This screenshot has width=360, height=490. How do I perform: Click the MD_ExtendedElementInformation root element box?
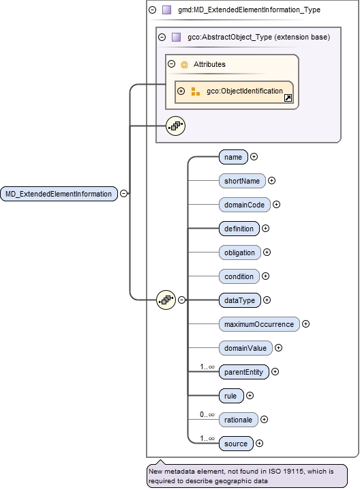(59, 194)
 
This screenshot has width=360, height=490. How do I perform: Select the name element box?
(233, 157)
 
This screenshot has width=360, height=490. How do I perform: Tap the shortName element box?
(242, 181)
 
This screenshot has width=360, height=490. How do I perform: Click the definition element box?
(239, 229)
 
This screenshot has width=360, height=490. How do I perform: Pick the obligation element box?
(240, 253)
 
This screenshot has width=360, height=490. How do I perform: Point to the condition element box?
(239, 276)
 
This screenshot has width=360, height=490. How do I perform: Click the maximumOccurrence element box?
(259, 324)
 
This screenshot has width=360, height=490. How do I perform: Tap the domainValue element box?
(245, 348)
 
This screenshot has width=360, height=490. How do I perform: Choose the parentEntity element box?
(243, 372)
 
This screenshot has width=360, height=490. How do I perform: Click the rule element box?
(230, 395)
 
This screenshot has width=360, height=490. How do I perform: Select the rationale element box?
(238, 420)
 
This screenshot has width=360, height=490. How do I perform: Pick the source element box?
(236, 444)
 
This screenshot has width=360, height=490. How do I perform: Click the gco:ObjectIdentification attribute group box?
(234, 91)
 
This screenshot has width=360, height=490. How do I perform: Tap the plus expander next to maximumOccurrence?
(306, 324)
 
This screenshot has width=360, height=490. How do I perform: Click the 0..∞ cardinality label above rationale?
(207, 414)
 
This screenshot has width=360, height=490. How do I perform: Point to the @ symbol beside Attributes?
(184, 65)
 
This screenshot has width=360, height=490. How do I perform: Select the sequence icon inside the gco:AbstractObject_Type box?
(176, 126)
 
